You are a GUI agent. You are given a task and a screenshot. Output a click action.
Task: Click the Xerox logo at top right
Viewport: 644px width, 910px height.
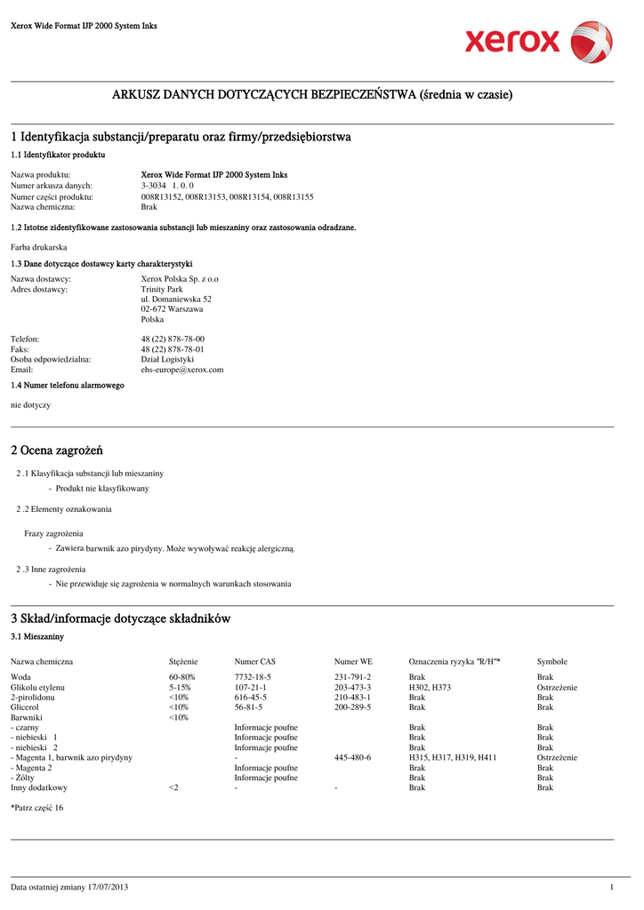pos(538,42)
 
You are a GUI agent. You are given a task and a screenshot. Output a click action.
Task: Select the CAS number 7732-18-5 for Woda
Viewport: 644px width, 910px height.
pos(253,677)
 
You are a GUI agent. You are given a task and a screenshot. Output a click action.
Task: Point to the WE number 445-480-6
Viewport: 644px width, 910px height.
pos(352,757)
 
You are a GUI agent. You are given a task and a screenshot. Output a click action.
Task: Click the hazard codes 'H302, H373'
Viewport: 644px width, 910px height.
pos(430,688)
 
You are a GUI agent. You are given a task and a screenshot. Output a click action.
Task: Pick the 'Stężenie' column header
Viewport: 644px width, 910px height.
pos(183,661)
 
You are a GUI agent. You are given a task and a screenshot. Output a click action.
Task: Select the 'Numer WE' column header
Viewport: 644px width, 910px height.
pos(353,661)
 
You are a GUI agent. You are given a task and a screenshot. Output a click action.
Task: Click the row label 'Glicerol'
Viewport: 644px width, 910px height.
pos(26,707)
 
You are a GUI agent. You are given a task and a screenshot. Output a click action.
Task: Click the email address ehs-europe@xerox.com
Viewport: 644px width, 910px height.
pos(182,370)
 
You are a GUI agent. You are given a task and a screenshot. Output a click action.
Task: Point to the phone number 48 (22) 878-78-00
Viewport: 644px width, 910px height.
pos(173,339)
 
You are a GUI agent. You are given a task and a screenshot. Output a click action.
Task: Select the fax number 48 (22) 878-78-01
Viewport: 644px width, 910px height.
pos(173,349)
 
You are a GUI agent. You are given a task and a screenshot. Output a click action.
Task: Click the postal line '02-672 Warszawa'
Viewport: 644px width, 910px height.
pos(172,309)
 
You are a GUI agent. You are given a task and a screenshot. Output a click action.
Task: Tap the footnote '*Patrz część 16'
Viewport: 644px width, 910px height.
pos(36,808)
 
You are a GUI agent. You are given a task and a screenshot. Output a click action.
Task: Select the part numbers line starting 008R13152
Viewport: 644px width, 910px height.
pos(227,196)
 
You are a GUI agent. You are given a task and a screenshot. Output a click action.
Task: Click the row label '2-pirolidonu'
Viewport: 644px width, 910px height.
pos(32,698)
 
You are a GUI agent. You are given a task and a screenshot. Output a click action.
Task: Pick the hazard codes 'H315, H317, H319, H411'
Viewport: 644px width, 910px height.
pos(452,757)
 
